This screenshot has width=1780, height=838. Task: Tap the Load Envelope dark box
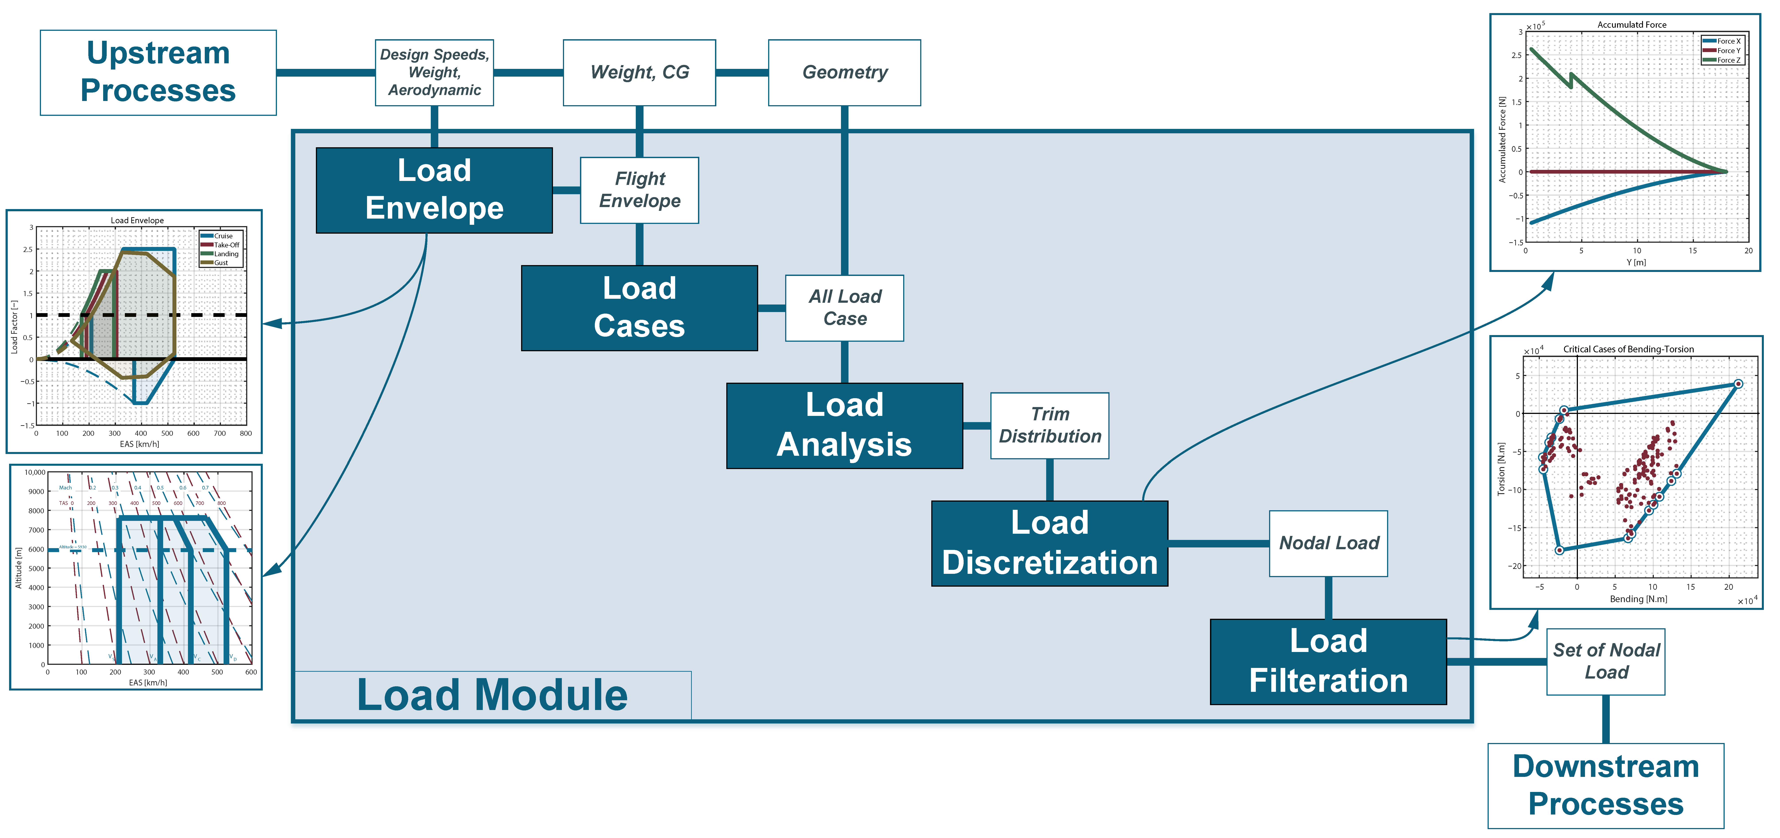click(x=434, y=190)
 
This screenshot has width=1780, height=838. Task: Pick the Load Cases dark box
click(x=639, y=308)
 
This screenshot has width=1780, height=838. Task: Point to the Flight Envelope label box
click(x=639, y=190)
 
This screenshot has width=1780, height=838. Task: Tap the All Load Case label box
click(x=844, y=308)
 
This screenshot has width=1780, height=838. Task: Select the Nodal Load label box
click(x=1328, y=543)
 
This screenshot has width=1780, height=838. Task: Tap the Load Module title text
click(x=492, y=695)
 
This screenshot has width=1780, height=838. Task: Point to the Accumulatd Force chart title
click(x=1631, y=25)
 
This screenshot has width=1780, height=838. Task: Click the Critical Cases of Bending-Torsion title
click(x=1628, y=349)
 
